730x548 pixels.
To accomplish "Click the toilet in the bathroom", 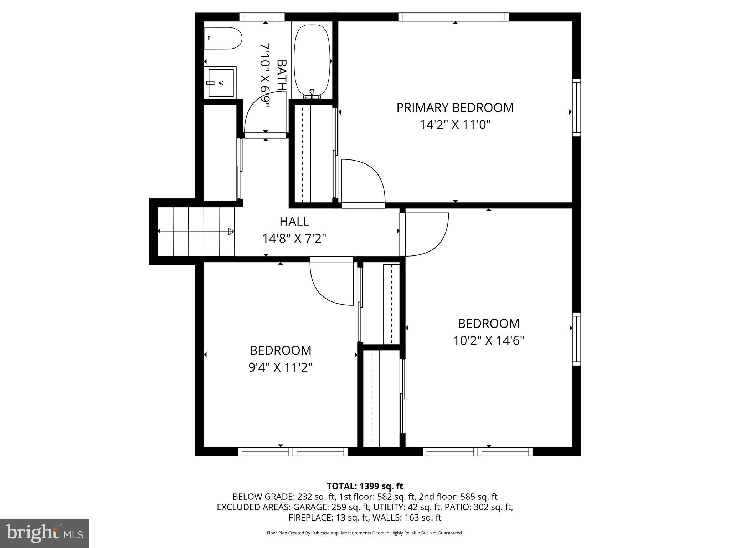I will (223, 39).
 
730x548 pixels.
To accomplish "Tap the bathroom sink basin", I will (221, 82).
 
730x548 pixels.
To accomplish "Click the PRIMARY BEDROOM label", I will (455, 108).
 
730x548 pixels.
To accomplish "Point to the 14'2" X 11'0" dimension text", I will (455, 125).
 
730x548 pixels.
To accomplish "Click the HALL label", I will (294, 222).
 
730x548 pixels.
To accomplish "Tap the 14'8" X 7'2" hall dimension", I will (294, 238).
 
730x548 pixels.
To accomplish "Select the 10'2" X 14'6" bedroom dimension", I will (488, 341).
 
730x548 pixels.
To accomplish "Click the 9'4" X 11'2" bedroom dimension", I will (280, 367).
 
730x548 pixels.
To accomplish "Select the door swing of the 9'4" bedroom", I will (331, 282).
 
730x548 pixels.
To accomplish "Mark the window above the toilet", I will (262, 17).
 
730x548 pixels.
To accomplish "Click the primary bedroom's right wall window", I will (576, 107).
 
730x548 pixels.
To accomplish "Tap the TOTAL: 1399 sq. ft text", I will (365, 486).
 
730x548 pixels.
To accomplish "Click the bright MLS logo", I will (45, 533).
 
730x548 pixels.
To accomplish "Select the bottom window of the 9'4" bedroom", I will (293, 452).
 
